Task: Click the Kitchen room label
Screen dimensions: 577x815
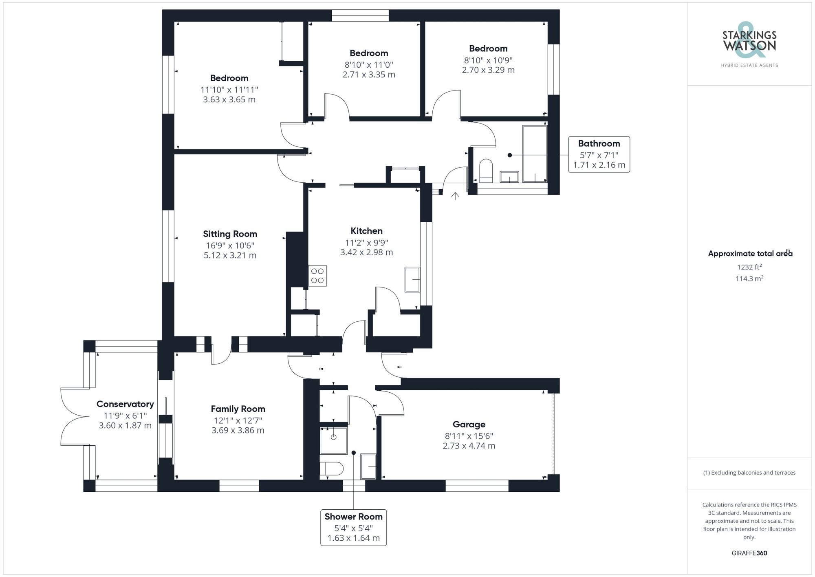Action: click(x=366, y=231)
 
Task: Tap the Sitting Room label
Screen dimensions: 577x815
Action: click(x=230, y=234)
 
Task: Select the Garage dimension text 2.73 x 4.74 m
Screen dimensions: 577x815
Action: click(x=469, y=446)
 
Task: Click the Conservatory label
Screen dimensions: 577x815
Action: click(x=125, y=404)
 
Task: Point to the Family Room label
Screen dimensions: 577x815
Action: click(x=238, y=409)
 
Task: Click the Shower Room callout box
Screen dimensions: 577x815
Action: click(x=353, y=527)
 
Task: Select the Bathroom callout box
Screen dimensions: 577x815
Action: click(x=599, y=154)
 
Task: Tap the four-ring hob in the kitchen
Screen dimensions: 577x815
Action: click(x=317, y=276)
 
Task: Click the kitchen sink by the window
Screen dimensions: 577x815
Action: click(x=412, y=279)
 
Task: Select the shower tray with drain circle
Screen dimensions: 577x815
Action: click(x=333, y=440)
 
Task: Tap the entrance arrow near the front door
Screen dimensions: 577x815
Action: click(x=455, y=196)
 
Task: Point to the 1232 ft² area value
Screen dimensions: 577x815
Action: click(x=749, y=267)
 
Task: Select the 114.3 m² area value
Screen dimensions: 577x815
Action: click(x=749, y=279)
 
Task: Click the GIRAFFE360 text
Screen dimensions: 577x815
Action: click(x=749, y=553)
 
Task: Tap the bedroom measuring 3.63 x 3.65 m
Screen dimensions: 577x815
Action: click(x=229, y=89)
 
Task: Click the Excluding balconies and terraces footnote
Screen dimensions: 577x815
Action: click(x=749, y=473)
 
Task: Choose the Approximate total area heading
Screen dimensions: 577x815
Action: click(x=749, y=254)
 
